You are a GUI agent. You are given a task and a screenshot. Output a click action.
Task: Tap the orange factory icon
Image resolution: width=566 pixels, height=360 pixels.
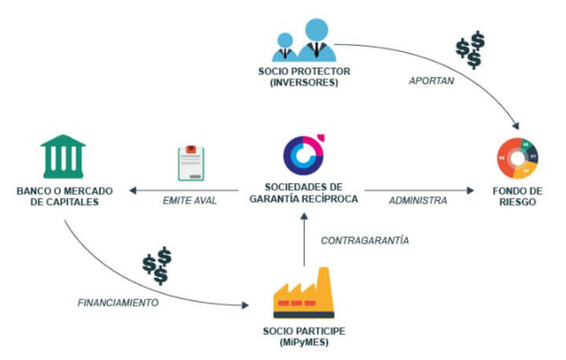[302, 292]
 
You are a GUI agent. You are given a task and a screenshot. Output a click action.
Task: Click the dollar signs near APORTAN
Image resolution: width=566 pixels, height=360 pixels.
[470, 50]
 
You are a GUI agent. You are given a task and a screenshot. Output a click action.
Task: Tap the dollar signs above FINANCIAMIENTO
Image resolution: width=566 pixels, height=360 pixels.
[157, 265]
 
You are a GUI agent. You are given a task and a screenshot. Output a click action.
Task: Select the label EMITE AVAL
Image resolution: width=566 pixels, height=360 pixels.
[190, 200]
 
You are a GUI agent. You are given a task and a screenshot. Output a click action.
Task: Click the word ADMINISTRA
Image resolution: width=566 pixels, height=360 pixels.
[417, 200]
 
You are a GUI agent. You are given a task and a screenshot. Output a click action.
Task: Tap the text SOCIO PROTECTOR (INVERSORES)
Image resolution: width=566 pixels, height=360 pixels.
[303, 76]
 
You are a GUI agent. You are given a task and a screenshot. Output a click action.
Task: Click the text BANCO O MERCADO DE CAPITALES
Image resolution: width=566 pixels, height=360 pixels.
[63, 195]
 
